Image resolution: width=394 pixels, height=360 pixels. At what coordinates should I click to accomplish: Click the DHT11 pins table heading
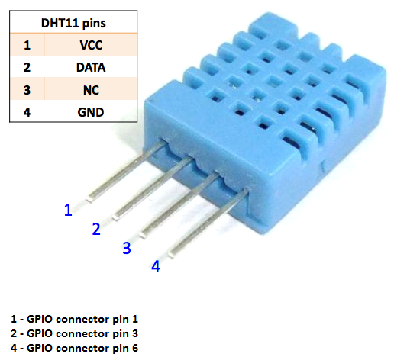point(73,24)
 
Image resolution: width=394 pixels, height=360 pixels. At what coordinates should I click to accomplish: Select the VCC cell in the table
point(91,45)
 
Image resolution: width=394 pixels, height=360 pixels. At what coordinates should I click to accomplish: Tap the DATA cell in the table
point(91,67)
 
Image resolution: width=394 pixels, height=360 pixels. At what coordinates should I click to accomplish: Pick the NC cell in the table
point(91,90)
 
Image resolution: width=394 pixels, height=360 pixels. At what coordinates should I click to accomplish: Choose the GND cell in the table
point(91,112)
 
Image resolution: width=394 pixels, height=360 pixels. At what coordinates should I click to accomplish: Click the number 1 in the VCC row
point(27,45)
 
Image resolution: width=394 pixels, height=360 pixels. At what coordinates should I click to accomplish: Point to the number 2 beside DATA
point(27,67)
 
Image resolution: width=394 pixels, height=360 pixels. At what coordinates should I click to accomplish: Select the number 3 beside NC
point(27,90)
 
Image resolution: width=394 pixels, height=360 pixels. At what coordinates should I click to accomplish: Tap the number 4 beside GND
point(27,112)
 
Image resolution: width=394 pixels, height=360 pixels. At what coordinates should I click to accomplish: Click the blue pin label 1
point(68,210)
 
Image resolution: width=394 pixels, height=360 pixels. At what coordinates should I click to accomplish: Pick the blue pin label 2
point(96,229)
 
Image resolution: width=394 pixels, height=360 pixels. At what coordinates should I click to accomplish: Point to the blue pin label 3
point(127,248)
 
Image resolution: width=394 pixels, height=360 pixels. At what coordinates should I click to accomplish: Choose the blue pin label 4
point(156,266)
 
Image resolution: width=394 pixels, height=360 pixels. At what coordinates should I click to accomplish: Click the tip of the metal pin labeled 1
point(89,200)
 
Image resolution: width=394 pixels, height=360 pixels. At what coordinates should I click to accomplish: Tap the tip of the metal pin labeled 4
point(171,256)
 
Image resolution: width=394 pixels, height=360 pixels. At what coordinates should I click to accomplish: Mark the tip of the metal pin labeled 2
point(115,218)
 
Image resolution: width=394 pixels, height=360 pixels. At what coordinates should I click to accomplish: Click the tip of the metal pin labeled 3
point(143,236)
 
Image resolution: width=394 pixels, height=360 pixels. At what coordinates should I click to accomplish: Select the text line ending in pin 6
point(74,348)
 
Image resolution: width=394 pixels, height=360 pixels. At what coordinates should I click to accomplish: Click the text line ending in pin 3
point(74,333)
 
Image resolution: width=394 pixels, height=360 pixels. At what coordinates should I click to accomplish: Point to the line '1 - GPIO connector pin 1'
point(74,319)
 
